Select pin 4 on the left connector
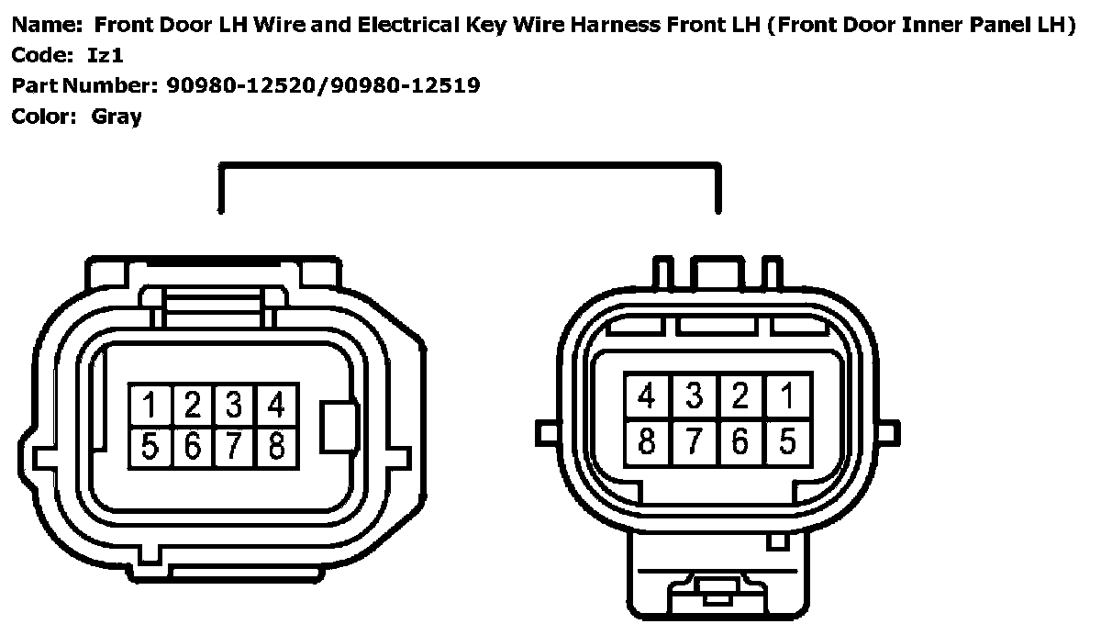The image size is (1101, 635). pyautogui.click(x=275, y=405)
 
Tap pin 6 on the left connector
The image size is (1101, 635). pyautogui.click(x=192, y=447)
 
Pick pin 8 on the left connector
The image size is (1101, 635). pyautogui.click(x=275, y=447)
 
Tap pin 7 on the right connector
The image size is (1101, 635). pyautogui.click(x=695, y=441)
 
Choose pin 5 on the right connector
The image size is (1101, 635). pyautogui.click(x=787, y=441)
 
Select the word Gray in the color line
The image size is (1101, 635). pyautogui.click(x=117, y=117)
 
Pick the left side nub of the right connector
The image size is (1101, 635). pyautogui.click(x=546, y=430)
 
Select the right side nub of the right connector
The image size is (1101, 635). pyautogui.click(x=886, y=430)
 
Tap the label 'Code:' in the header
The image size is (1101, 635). pyautogui.click(x=41, y=56)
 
